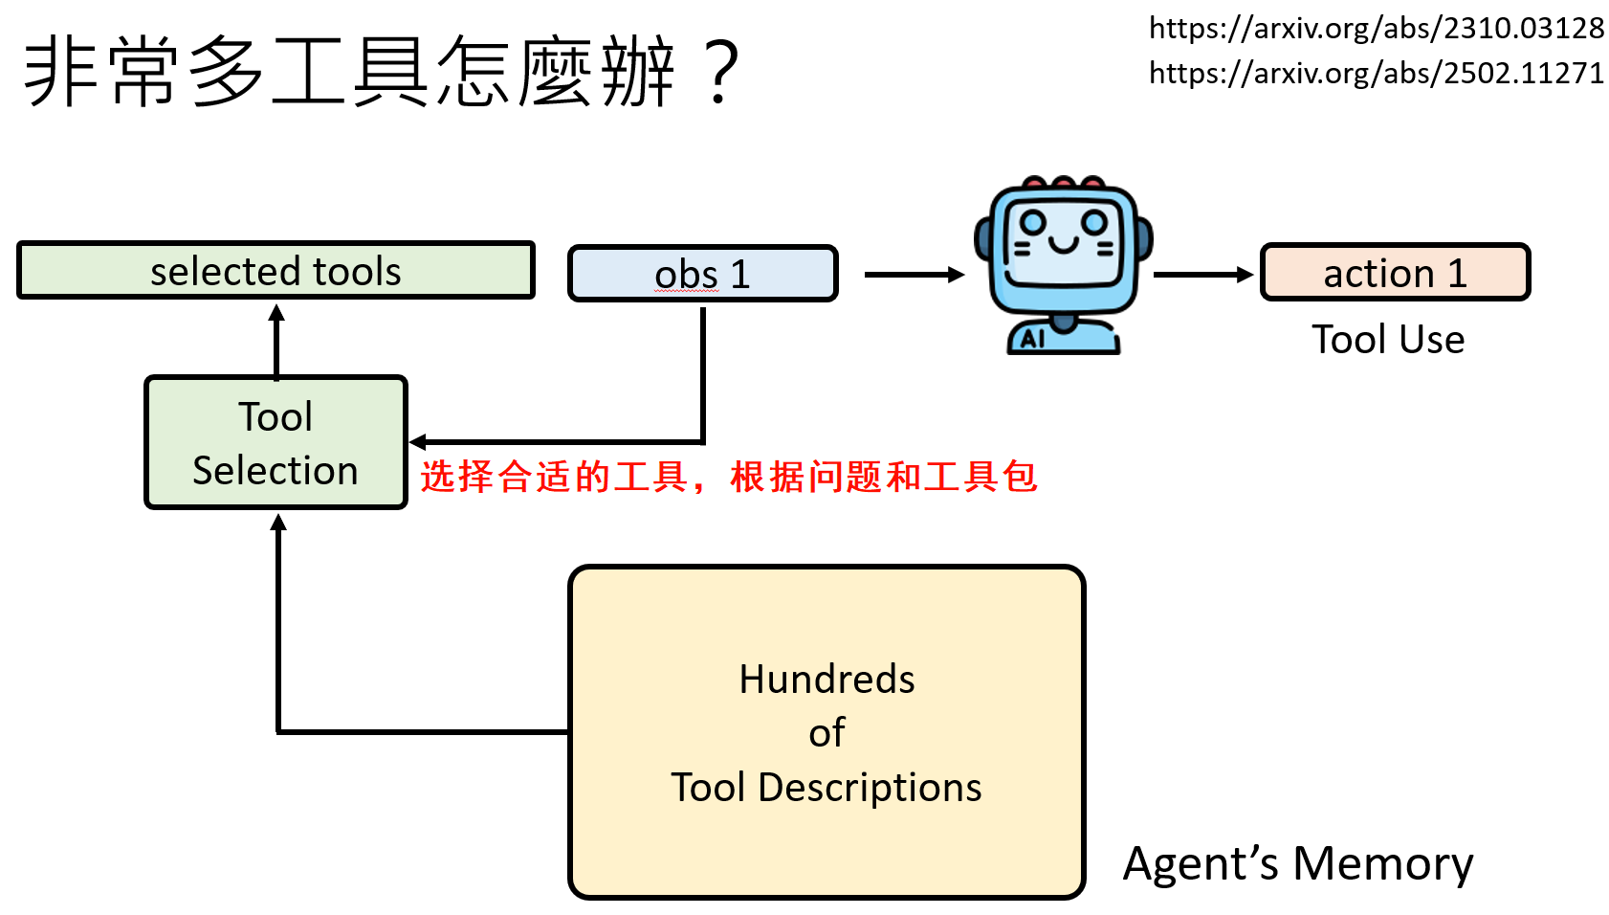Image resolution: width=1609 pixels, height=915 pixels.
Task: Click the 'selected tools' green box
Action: pyautogui.click(x=276, y=271)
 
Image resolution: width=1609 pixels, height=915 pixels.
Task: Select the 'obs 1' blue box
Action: pyautogui.click(x=702, y=275)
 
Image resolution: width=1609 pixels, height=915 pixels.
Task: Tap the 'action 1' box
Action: pyautogui.click(x=1395, y=273)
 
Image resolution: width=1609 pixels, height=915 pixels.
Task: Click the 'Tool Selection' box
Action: pyautogui.click(x=276, y=442)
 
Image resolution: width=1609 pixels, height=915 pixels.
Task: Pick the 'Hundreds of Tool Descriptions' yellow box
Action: pyautogui.click(x=827, y=731)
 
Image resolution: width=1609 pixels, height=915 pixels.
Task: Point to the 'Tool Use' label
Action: pyautogui.click(x=1387, y=340)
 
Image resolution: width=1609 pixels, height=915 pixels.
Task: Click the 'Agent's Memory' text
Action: pyautogui.click(x=1297, y=863)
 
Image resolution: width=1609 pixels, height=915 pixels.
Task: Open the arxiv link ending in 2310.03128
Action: pyautogui.click(x=1376, y=29)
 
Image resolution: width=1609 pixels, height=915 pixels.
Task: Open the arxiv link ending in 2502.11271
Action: pyautogui.click(x=1376, y=73)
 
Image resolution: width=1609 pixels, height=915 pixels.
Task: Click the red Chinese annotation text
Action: pyautogui.click(x=729, y=476)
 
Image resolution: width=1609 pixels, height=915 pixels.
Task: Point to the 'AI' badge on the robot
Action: pyautogui.click(x=1032, y=339)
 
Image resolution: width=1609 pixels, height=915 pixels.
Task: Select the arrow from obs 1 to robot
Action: pyautogui.click(x=914, y=275)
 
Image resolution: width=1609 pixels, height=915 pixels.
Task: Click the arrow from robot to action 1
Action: pyautogui.click(x=1202, y=275)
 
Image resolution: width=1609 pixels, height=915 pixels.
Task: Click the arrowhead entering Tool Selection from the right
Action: pyautogui.click(x=418, y=442)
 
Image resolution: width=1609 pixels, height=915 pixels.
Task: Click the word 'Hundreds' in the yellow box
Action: pyautogui.click(x=827, y=679)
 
